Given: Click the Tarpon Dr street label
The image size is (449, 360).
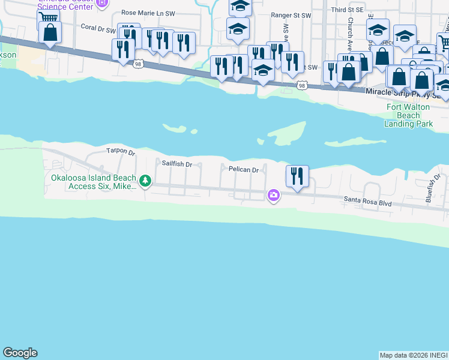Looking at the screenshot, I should pyautogui.click(x=121, y=151).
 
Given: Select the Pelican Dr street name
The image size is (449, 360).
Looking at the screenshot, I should pyautogui.click(x=243, y=170).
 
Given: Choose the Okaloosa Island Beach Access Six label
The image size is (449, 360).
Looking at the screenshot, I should pyautogui.click(x=92, y=182).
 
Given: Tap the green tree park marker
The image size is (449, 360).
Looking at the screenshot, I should pyautogui.click(x=145, y=180).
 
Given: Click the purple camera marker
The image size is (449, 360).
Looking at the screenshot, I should pyautogui.click(x=274, y=195).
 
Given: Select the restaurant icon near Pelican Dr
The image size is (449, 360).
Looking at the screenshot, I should pyautogui.click(x=297, y=176).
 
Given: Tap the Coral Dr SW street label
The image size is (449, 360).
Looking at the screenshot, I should pyautogui.click(x=97, y=28).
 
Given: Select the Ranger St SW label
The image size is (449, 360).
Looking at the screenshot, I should pyautogui.click(x=291, y=15).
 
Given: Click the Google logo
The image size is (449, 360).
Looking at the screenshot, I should pyautogui.click(x=20, y=353).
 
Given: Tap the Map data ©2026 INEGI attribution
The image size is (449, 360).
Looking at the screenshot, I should pyautogui.click(x=414, y=355).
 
